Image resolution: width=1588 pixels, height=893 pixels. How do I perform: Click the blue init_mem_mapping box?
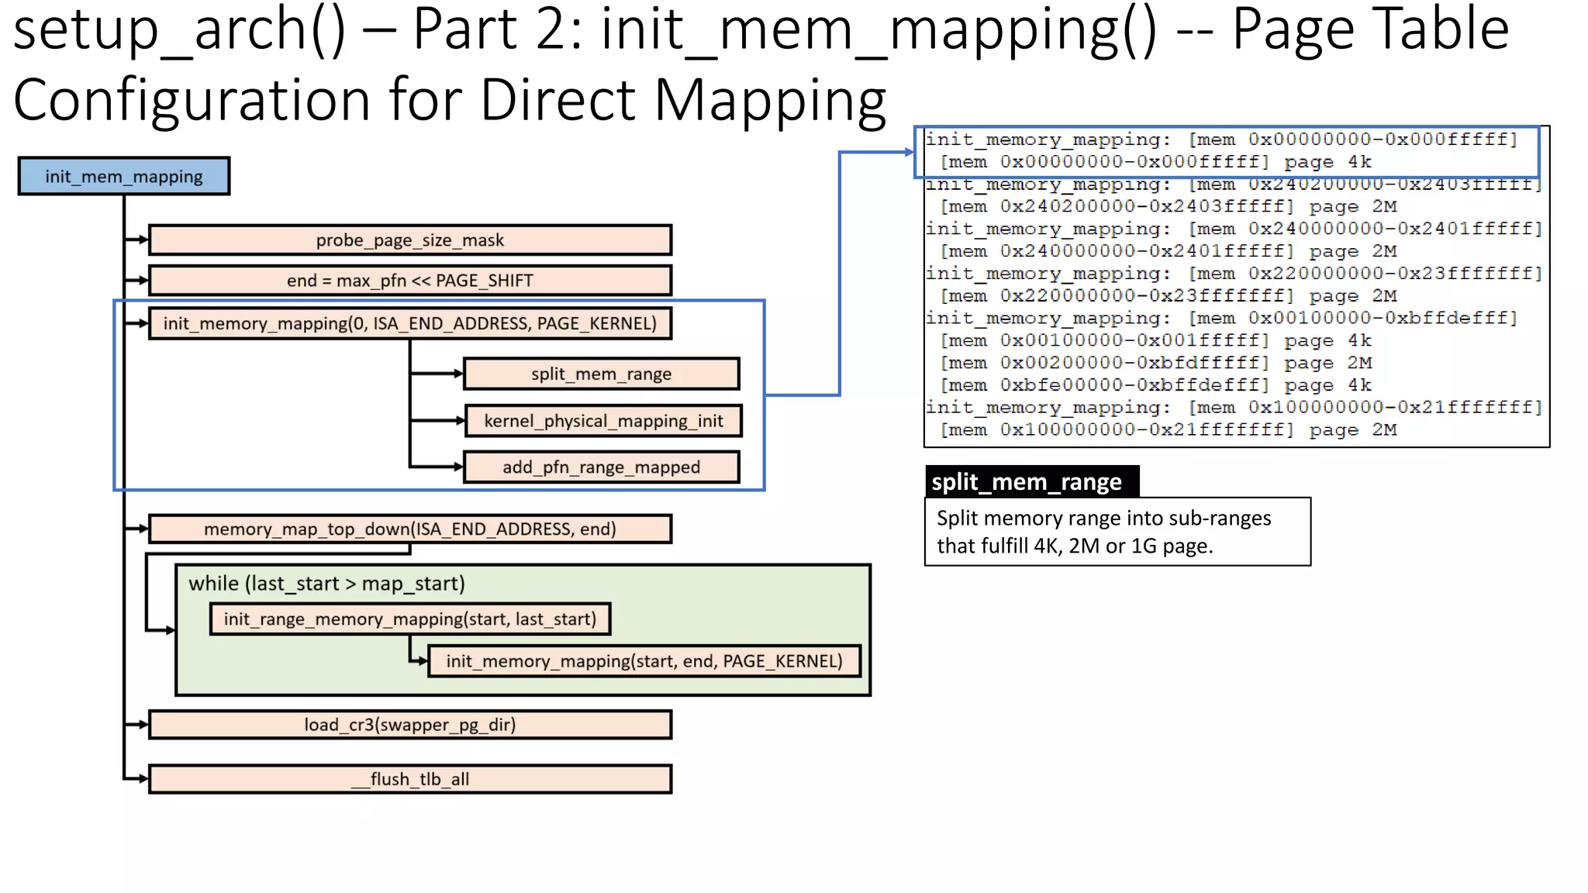124,176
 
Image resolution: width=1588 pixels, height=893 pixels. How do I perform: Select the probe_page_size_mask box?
409,240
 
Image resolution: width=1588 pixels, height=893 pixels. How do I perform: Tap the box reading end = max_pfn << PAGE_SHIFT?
409,281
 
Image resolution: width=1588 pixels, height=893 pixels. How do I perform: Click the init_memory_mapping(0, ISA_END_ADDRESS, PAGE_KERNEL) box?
409,323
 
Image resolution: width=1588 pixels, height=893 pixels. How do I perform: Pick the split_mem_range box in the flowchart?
601,374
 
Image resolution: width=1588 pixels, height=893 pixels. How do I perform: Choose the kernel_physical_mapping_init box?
603,421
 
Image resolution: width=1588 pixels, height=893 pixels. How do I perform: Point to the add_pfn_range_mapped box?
601,467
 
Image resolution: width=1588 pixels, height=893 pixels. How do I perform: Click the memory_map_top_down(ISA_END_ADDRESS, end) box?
409,529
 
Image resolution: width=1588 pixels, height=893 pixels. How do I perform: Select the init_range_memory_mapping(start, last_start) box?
409,619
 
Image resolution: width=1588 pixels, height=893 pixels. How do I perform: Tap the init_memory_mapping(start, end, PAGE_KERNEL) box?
644,661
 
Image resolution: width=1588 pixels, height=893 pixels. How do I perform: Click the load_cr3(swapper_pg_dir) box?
409,725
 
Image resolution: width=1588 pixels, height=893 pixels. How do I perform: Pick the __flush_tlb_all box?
409,779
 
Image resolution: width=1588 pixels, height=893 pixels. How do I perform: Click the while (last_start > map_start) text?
326,584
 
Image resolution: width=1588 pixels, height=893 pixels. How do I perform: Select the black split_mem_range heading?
1031,481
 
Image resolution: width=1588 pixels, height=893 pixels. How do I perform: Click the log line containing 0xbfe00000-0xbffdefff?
1155,385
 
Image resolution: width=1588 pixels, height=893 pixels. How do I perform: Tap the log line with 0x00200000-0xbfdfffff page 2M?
1155,363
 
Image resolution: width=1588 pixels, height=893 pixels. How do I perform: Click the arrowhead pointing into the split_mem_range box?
459,374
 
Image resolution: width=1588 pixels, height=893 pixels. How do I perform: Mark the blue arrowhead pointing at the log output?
910,152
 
